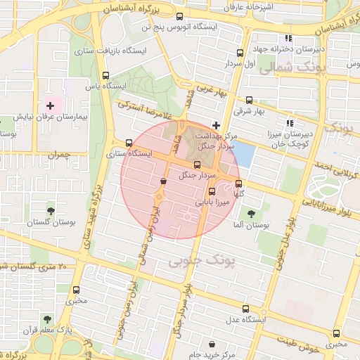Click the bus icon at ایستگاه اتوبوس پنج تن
(179, 16)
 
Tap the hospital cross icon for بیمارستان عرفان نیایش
(50, 105)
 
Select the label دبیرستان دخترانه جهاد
(314, 49)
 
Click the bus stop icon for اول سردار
(240, 53)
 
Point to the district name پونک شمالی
(289, 70)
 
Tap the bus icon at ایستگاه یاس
(105, 75)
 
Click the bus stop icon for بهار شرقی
(249, 100)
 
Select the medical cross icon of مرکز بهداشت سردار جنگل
(216, 124)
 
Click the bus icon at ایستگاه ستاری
(128, 142)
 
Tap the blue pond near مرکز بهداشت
(243, 152)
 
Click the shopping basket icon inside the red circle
(163, 181)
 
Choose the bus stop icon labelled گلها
(238, 184)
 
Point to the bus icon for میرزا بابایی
(212, 191)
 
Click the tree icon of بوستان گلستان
(51, 210)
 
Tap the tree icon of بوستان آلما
(250, 214)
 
